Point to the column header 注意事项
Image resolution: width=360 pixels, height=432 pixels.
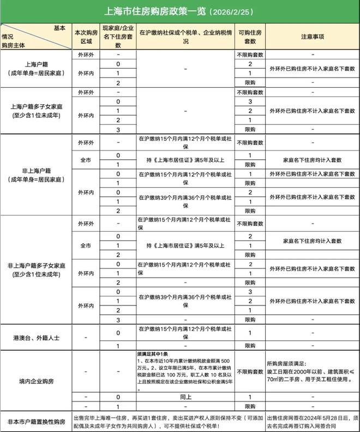tap(313, 37)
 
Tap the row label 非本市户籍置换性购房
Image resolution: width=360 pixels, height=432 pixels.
tap(37, 422)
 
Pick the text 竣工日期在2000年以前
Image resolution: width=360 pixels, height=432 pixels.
tap(295, 371)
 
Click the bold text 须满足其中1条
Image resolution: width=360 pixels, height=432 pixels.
tap(153, 354)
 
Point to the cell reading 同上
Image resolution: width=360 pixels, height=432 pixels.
tap(185, 397)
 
